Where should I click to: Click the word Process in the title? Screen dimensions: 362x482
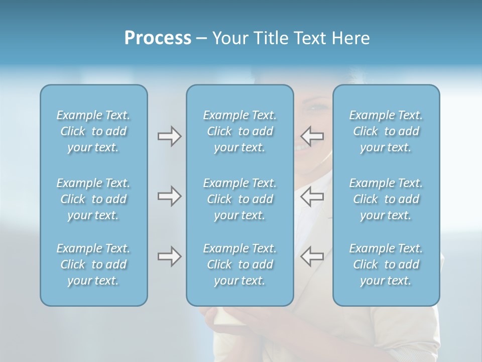tap(158, 38)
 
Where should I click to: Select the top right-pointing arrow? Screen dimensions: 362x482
tap(169, 136)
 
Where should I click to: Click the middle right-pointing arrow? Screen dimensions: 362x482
tap(169, 196)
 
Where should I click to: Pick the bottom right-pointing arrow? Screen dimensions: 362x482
tap(169, 256)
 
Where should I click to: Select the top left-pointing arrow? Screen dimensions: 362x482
tap(312, 136)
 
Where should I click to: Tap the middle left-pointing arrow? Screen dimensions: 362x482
tap(312, 196)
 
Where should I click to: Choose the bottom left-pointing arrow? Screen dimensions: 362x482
tap(312, 256)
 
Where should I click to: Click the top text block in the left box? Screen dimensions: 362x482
tap(93, 131)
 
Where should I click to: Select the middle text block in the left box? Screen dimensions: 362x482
tap(93, 199)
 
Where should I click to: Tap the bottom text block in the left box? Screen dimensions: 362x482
tap(93, 264)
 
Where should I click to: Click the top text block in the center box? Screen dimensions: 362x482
tap(240, 131)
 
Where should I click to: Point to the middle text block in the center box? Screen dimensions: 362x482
tap(240, 199)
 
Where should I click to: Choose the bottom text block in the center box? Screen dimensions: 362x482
tap(240, 264)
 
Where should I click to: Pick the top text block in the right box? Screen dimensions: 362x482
tap(386, 131)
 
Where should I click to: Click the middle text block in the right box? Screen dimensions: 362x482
tap(386, 199)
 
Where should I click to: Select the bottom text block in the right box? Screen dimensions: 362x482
tap(386, 264)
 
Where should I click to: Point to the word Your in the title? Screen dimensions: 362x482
tap(228, 38)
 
